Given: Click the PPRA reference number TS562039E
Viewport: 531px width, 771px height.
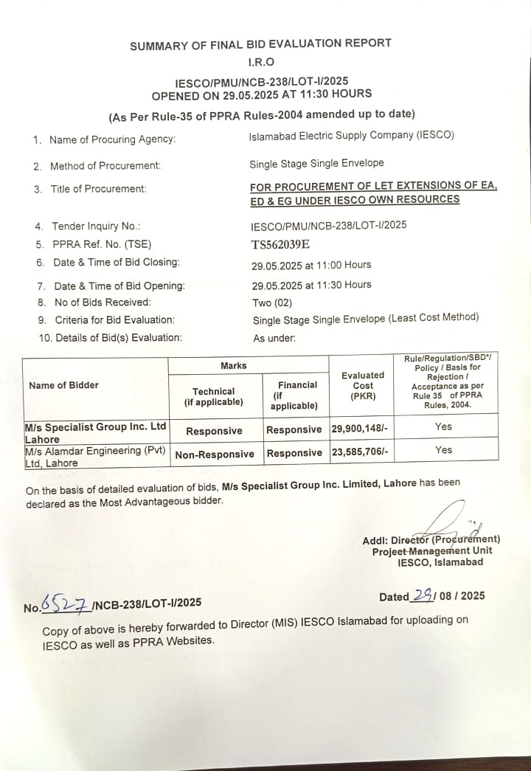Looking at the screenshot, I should tap(280, 245).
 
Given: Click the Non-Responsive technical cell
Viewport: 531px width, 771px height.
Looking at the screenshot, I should tap(215, 454).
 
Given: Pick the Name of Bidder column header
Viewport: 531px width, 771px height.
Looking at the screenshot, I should tap(63, 385).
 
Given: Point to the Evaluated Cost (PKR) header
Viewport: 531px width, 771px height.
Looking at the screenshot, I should tap(363, 385).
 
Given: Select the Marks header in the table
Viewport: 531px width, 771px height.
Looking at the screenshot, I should tap(234, 366).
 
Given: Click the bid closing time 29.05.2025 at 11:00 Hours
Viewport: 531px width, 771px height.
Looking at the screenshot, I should tap(311, 264).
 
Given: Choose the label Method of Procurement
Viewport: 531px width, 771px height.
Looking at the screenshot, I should tap(105, 166).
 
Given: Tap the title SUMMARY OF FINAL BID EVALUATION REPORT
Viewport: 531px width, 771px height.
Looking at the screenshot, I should tap(260, 45).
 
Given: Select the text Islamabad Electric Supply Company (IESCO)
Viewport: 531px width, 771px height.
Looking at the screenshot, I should tap(352, 135).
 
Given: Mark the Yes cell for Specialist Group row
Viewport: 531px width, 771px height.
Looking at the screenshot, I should tap(443, 426).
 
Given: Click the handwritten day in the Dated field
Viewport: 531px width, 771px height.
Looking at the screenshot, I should tap(423, 595).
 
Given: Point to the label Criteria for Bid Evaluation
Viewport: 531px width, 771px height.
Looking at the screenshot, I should tap(114, 320).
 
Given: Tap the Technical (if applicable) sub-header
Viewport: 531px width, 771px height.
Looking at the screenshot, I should tap(214, 396).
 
